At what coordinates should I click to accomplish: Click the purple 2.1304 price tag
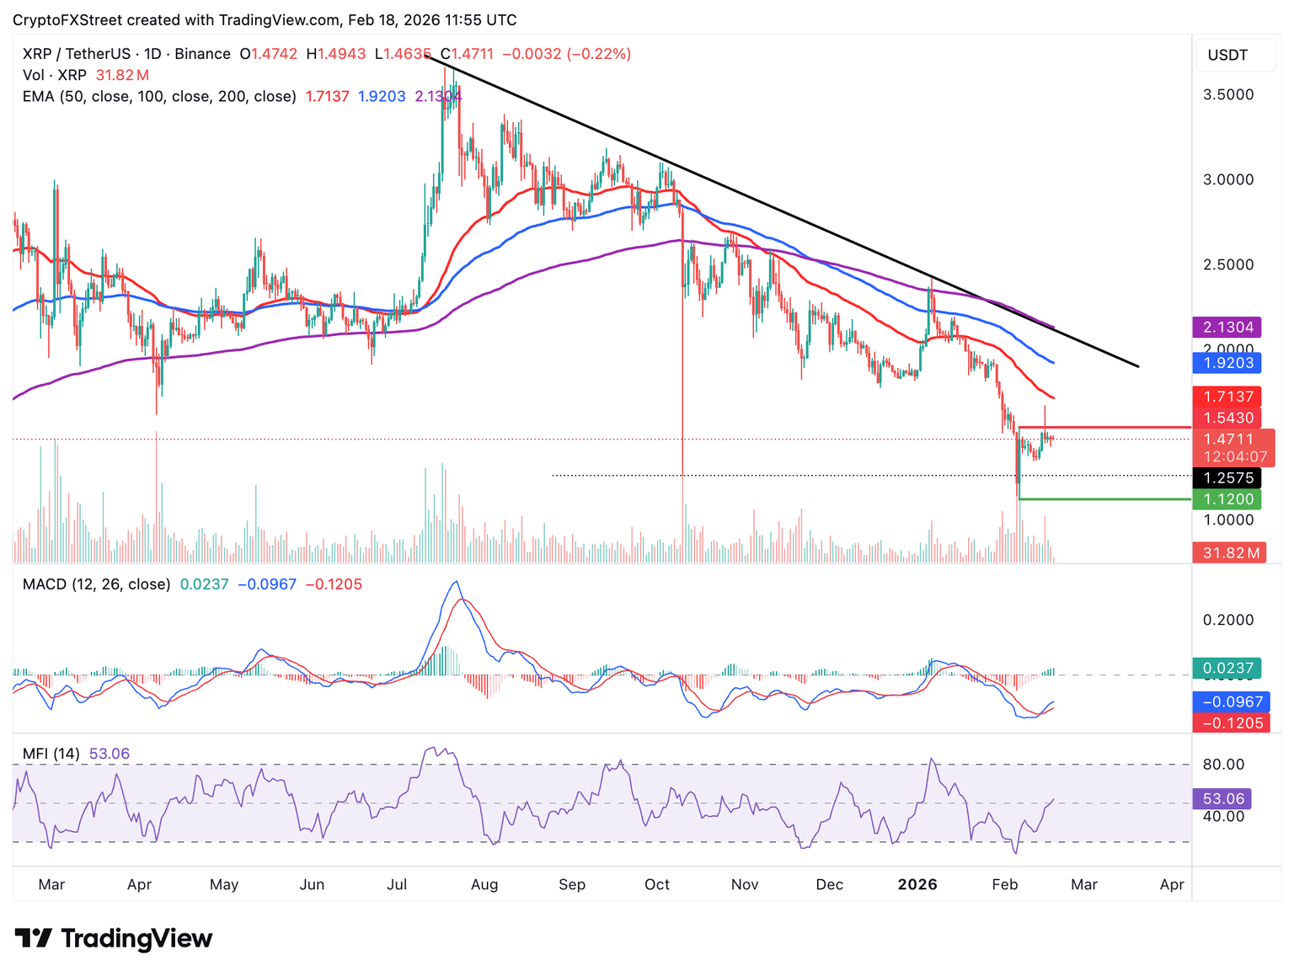1227,327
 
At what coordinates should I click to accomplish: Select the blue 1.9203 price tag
1227,363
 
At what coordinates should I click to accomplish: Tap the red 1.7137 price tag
1227,397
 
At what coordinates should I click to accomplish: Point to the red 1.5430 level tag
1227,418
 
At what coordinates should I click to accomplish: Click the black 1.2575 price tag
1227,478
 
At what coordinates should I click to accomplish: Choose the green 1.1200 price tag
1227,499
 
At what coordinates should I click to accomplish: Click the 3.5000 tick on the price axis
1227,94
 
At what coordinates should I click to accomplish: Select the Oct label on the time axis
656,884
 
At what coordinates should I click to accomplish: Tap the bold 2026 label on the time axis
917,884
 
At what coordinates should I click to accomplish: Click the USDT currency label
1227,56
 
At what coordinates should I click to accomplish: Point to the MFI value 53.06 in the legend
110,754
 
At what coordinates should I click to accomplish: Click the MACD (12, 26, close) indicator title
96,584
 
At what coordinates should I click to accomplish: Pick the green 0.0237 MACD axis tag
1227,669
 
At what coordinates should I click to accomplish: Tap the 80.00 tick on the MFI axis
1223,765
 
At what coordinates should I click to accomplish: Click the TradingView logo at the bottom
114,938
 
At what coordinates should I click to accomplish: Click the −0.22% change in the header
598,54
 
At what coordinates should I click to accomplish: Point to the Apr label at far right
1171,884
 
